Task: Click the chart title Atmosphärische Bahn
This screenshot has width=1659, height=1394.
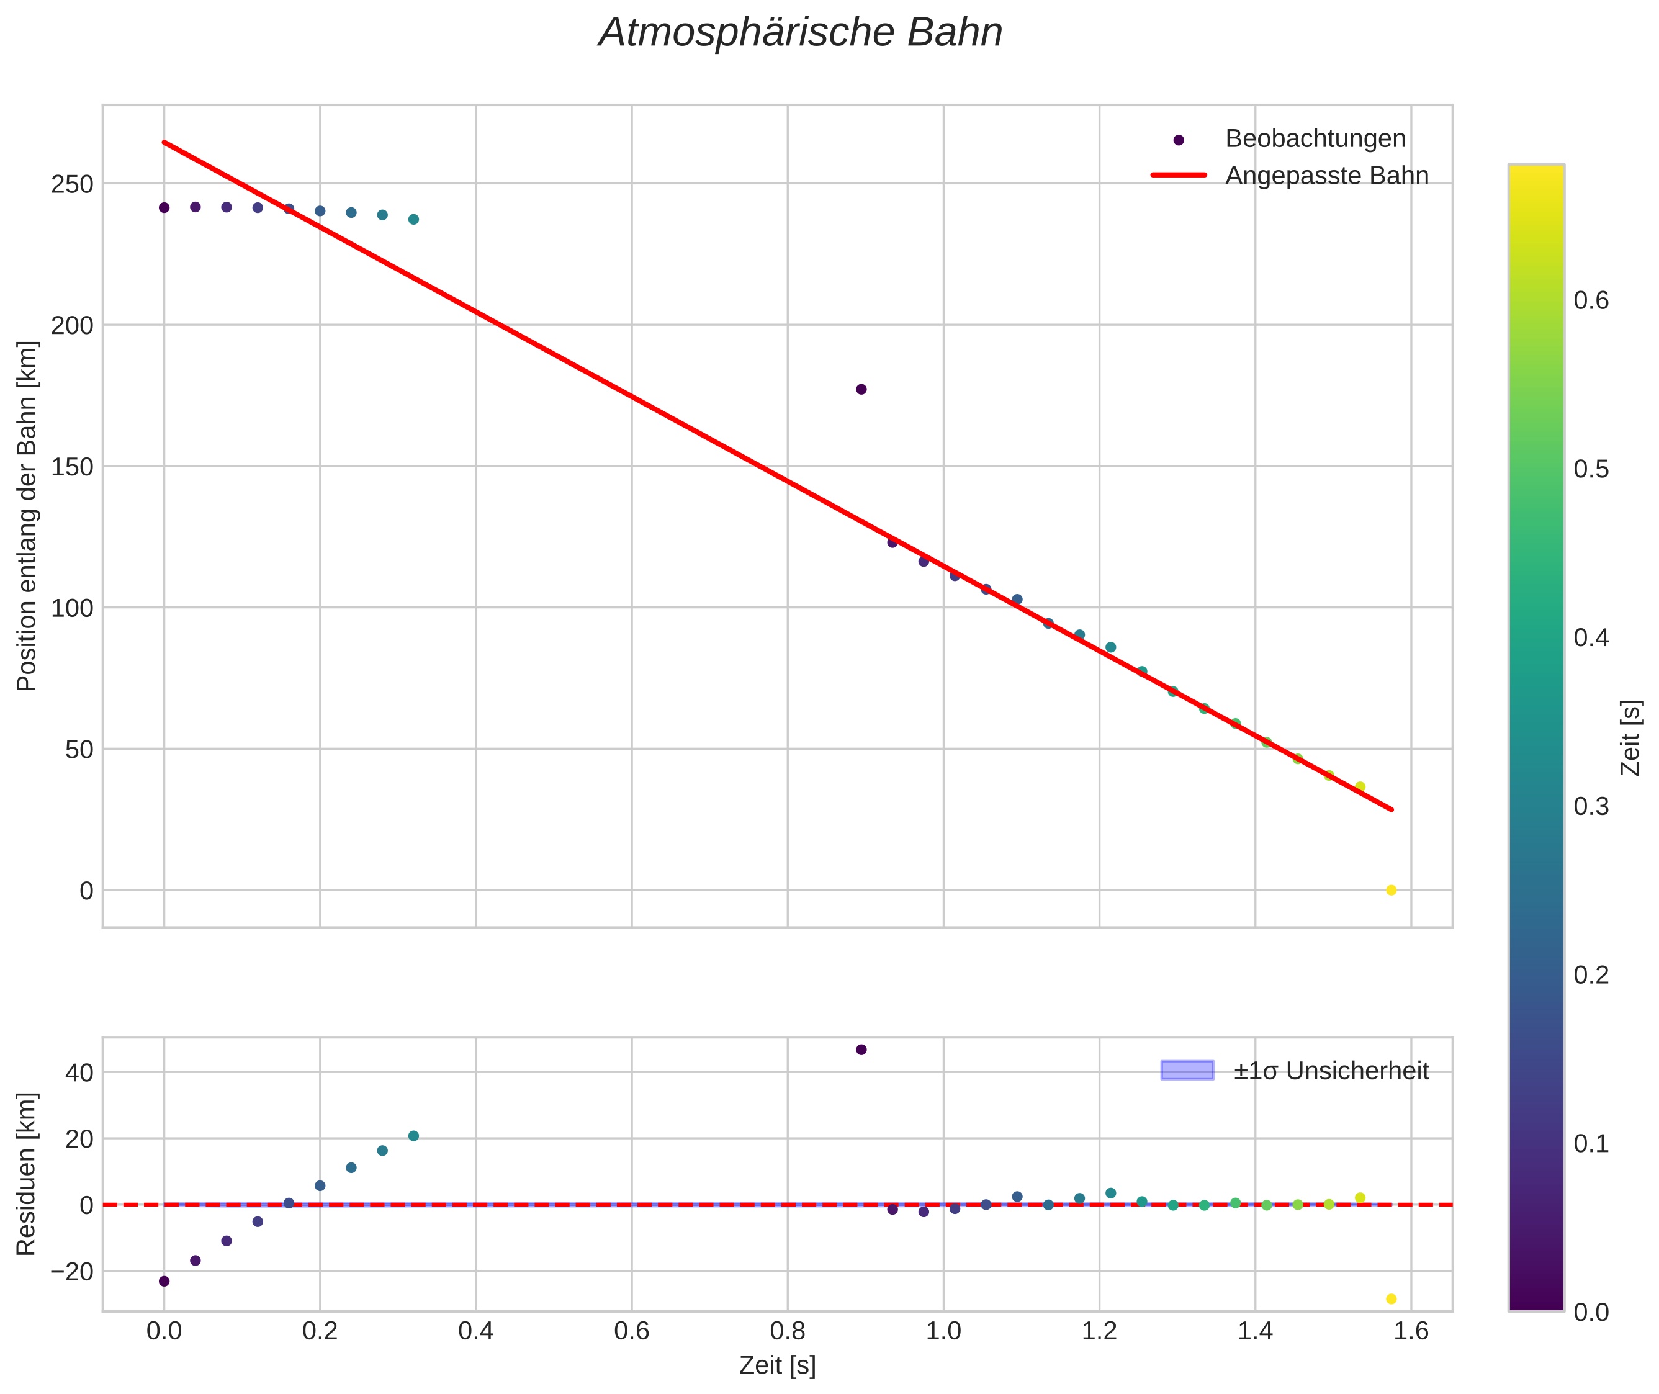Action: [800, 33]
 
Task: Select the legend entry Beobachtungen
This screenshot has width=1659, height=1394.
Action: [1315, 139]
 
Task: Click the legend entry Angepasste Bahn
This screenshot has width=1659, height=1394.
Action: [1326, 176]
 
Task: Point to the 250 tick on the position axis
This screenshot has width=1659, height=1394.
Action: [72, 184]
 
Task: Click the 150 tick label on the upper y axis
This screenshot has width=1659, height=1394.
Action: [72, 467]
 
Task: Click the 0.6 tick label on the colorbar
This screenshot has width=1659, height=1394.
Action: [1591, 301]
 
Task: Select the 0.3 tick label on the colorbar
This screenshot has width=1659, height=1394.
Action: [1591, 806]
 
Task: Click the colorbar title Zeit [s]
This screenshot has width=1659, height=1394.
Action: [1630, 737]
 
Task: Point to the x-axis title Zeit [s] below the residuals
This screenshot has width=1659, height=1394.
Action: [777, 1365]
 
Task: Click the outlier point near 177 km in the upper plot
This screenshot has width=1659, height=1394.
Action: [861, 389]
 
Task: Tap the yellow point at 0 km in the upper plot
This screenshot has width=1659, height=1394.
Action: [1391, 890]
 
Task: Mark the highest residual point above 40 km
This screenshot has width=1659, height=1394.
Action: [861, 1050]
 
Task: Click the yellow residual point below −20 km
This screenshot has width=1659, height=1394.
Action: [1391, 1299]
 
